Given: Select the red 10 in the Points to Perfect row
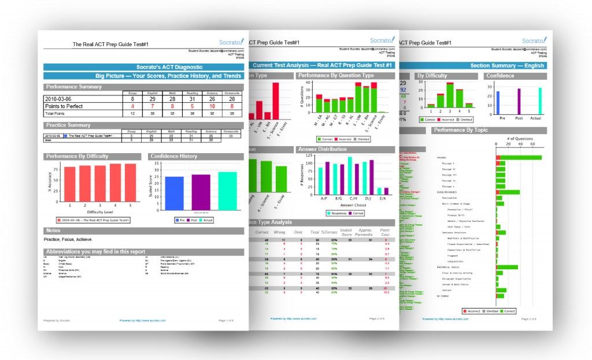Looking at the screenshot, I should point(213,106).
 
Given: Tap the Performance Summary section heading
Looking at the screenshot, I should point(73,87).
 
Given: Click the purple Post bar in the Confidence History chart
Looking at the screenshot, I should point(201,191).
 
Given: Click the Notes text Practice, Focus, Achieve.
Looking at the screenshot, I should point(68,239).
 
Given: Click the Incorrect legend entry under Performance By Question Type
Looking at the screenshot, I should point(343,139).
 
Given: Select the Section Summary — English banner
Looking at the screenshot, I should point(508,66).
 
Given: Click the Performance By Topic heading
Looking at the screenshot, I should point(461,130).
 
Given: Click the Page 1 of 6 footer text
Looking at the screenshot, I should point(227,320).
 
